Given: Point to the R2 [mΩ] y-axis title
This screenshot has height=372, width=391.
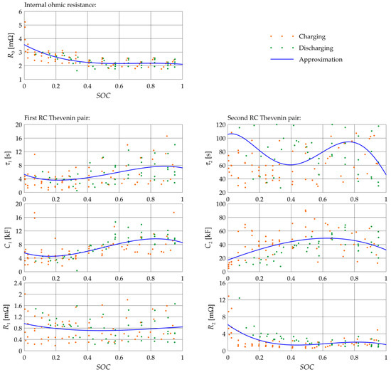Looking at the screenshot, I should pos(208,320).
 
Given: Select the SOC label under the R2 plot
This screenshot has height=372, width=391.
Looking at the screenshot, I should pos(306,365).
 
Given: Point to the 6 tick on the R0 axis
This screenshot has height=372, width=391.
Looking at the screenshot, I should pos(19,13).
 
